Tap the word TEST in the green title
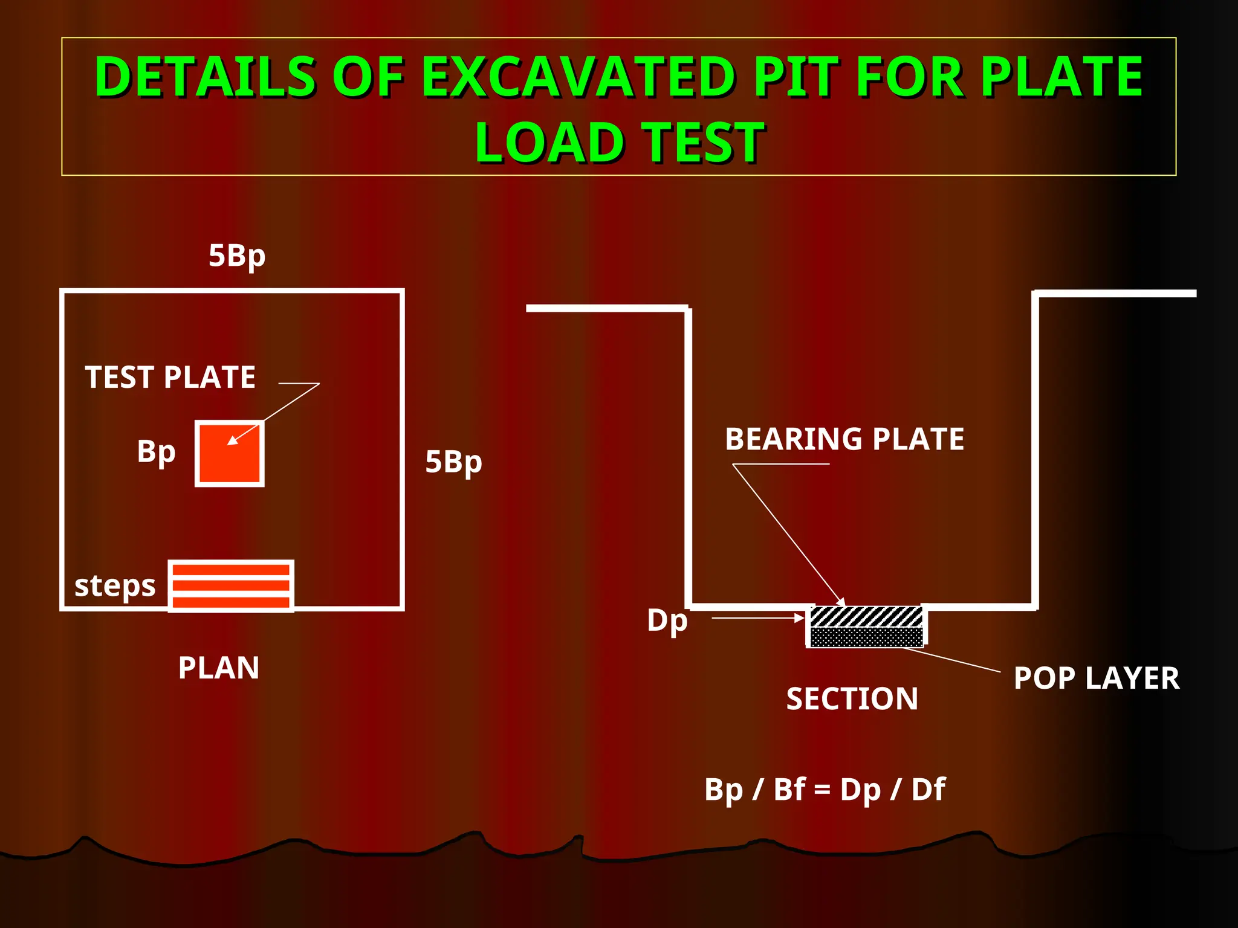tap(702, 143)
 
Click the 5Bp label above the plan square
tap(237, 256)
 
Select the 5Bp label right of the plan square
tap(453, 462)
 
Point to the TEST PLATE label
tap(170, 378)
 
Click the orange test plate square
tap(230, 454)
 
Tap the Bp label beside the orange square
tap(156, 451)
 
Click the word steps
tap(115, 586)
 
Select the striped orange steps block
tap(231, 585)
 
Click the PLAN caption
tap(219, 668)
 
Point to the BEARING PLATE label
tap(844, 439)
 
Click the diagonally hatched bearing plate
tap(866, 617)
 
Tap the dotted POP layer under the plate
tap(866, 637)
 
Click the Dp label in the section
tap(667, 620)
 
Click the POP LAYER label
tap(1097, 678)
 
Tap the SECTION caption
tap(852, 699)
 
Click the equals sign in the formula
tap(822, 790)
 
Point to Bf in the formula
tap(789, 789)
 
